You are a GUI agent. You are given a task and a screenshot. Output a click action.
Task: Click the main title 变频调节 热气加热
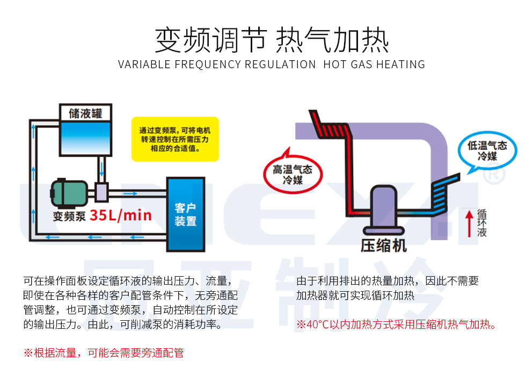[272, 40]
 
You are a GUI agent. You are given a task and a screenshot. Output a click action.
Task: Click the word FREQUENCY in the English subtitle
[208, 64]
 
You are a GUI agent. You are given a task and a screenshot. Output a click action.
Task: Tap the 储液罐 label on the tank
[85, 113]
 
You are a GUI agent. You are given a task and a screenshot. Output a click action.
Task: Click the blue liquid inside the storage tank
[85, 138]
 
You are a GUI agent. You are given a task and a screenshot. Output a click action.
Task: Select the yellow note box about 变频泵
[175, 139]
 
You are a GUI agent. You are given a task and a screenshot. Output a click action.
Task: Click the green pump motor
[69, 193]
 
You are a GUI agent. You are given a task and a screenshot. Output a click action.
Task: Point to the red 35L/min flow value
[121, 215]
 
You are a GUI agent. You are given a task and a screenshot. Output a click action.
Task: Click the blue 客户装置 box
[186, 214]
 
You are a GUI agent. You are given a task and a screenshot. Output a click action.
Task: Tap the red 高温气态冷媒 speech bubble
[293, 173]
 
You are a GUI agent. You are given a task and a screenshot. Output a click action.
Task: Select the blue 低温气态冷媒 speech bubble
[487, 151]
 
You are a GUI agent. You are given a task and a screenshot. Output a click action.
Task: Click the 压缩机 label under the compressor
[384, 246]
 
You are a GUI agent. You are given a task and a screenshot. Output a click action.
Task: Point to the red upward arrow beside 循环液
[469, 223]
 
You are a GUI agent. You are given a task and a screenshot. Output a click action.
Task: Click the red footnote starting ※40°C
[397, 325]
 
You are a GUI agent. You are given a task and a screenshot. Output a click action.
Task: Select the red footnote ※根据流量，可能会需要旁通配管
[104, 353]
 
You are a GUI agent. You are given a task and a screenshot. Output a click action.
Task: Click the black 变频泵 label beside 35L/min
[69, 216]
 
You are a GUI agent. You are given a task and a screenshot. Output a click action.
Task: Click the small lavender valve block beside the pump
[101, 192]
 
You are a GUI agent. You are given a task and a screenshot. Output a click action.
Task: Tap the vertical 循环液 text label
[482, 223]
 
